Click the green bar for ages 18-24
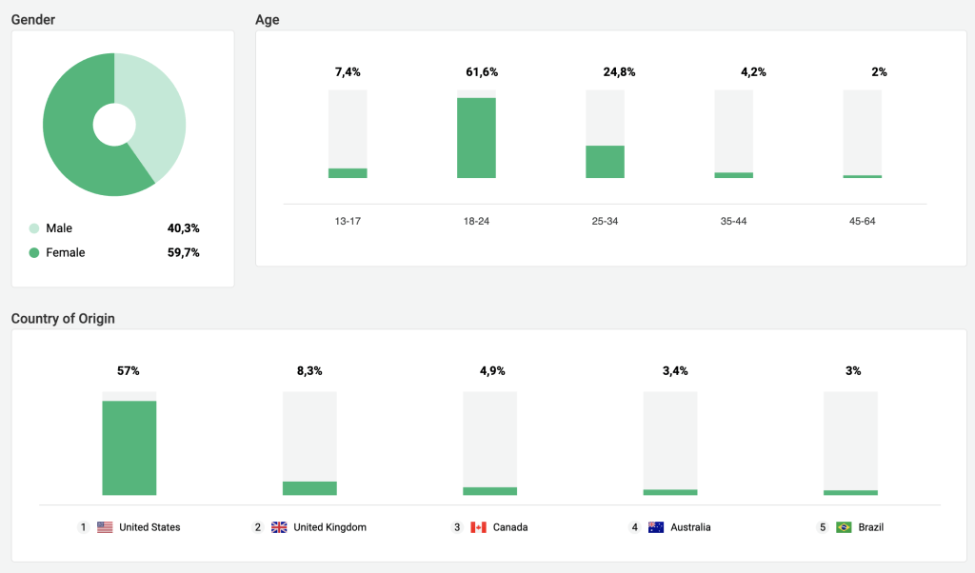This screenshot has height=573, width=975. point(476,137)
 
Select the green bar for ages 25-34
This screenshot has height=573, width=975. point(605,162)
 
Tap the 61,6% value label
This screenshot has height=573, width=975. point(482,72)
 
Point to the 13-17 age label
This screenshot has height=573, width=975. point(348,221)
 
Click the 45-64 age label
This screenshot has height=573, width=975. point(862,221)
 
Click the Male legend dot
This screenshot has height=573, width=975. point(34,228)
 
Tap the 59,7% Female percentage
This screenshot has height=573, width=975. point(182,253)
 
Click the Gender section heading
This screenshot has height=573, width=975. point(33,20)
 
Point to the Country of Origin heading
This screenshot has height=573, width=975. point(63,319)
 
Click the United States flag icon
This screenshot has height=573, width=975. point(105,527)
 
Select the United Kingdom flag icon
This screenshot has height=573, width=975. point(279,527)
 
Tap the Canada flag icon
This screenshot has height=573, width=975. point(478,527)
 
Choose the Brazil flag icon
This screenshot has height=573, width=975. point(844,527)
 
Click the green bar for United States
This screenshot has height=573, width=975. point(129,447)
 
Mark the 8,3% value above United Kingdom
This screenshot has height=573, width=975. point(309,371)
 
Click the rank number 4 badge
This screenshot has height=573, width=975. point(635,527)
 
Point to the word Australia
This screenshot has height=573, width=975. point(690,527)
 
